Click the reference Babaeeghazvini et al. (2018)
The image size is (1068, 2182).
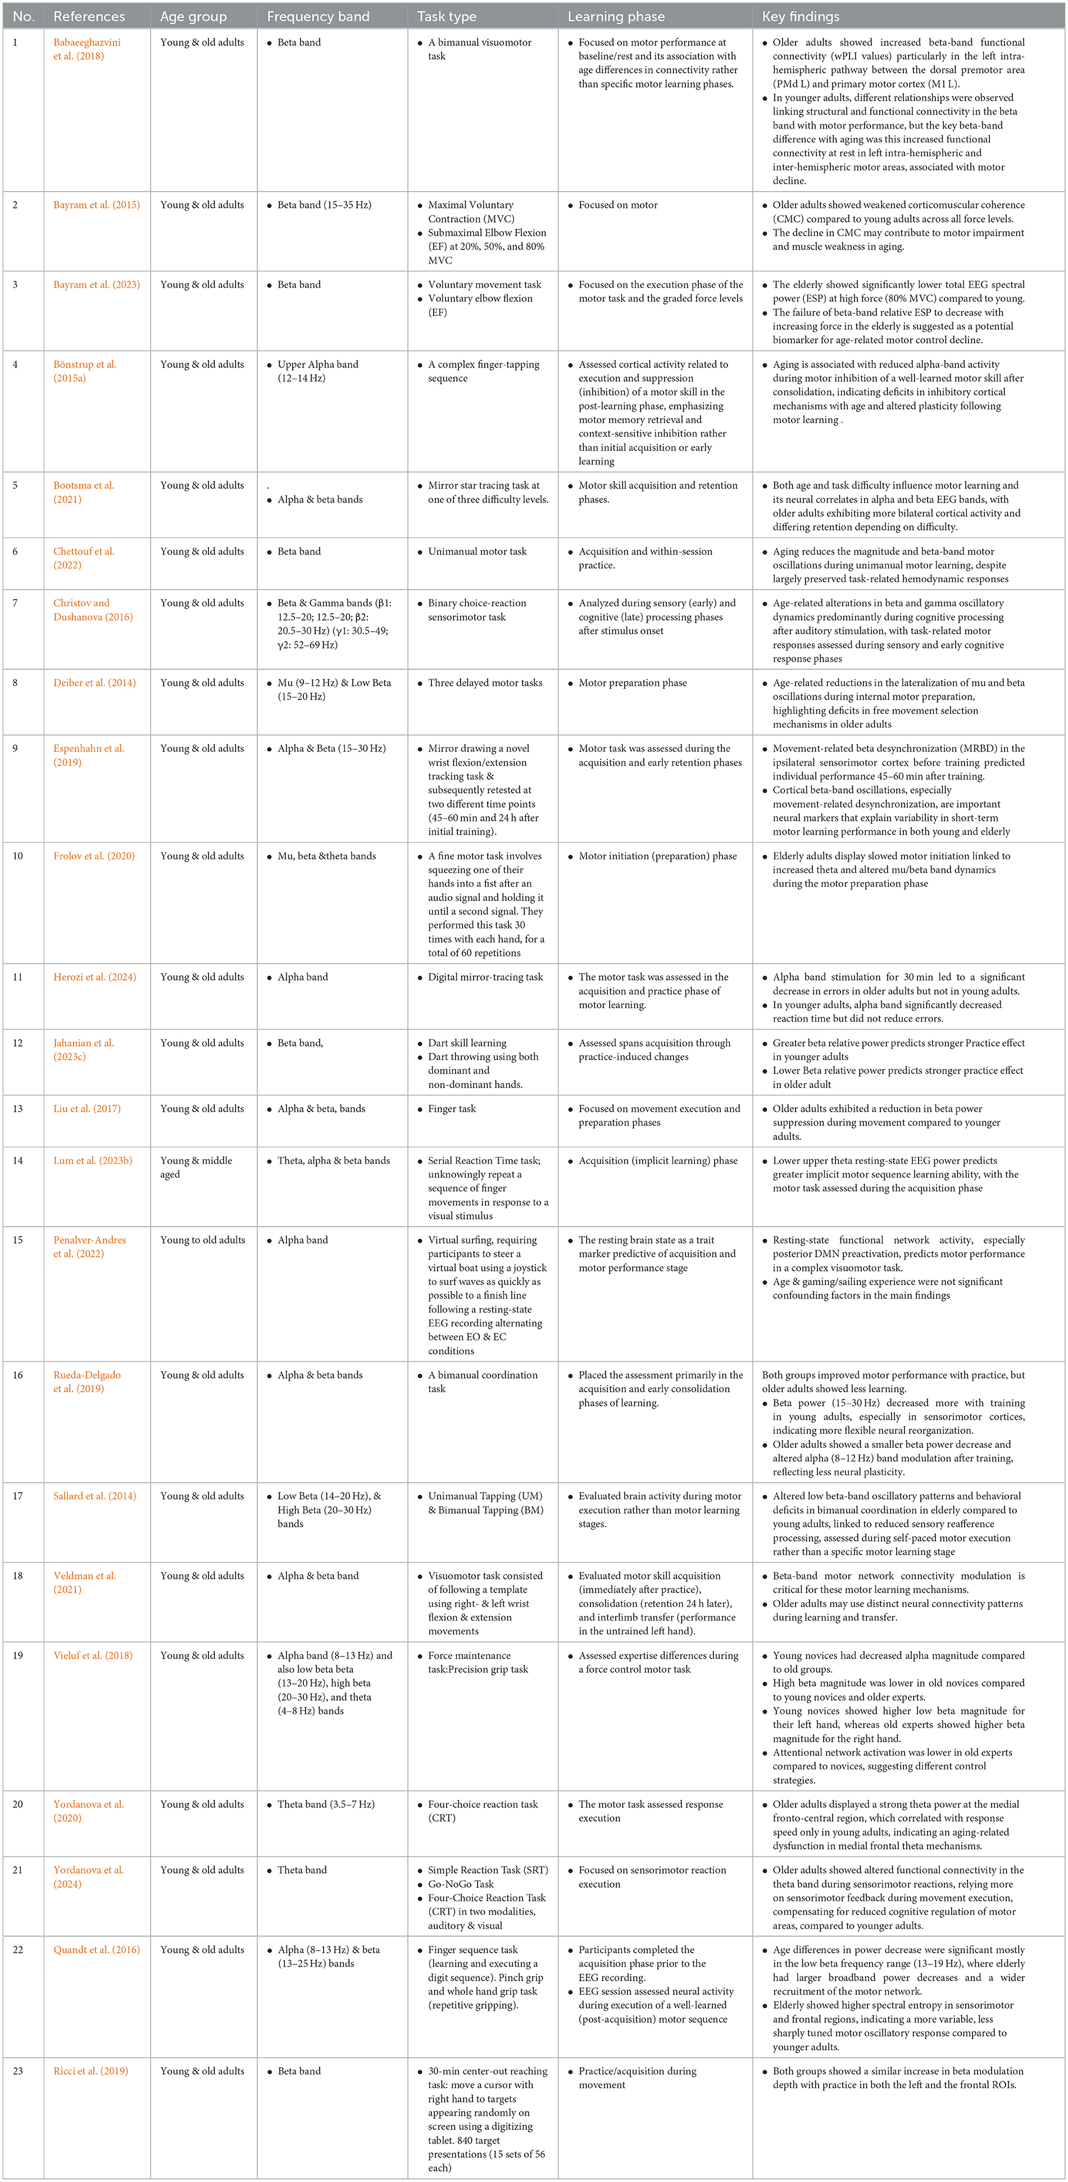(87, 49)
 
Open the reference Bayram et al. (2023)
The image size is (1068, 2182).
(97, 284)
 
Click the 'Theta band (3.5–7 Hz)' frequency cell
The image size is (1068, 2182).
(325, 1804)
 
